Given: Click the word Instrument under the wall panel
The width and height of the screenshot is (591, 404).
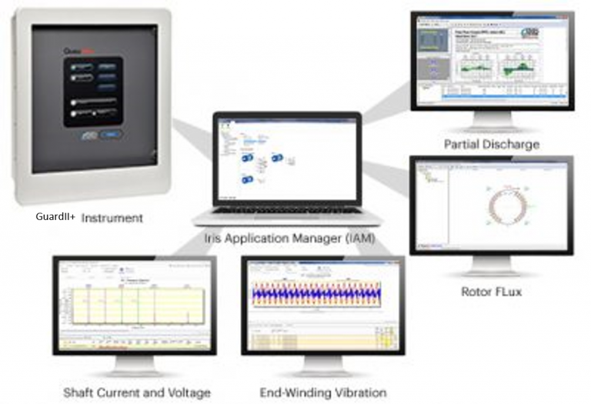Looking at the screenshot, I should (112, 218).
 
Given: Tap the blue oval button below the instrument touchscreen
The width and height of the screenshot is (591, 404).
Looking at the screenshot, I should (110, 135).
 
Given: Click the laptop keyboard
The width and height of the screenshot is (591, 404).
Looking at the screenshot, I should (286, 210).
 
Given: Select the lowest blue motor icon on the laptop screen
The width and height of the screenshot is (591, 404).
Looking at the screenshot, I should (249, 179).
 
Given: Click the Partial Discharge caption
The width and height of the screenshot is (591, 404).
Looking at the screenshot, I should (491, 144).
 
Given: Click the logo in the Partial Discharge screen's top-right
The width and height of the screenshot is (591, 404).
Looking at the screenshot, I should (552, 32).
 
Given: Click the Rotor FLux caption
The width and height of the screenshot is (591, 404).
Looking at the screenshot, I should (491, 292).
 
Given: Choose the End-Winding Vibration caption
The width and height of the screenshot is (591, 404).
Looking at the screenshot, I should (322, 392).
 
